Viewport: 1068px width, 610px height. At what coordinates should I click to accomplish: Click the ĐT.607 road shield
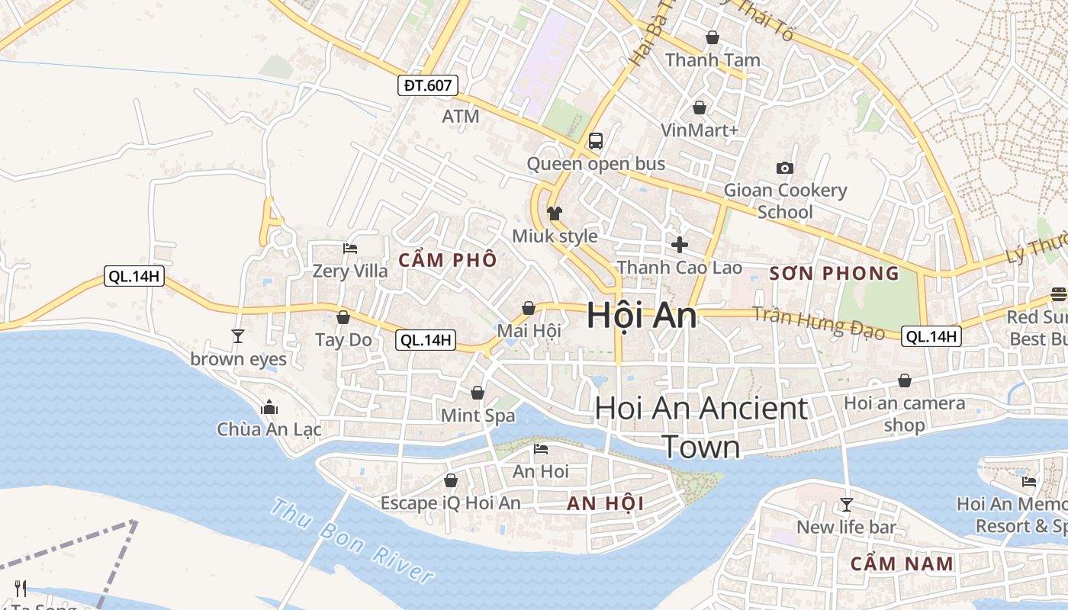427,85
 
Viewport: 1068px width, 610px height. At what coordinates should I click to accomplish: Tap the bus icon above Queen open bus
596,141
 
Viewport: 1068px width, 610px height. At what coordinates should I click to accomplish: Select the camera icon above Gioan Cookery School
784,168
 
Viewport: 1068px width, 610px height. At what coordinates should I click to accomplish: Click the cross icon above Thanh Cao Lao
679,245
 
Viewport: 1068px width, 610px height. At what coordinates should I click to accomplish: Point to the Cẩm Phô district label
448,260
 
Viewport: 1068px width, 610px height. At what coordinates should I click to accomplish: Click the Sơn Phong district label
835,274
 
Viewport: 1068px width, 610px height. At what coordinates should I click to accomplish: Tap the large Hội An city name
642,316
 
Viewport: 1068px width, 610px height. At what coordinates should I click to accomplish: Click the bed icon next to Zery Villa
350,248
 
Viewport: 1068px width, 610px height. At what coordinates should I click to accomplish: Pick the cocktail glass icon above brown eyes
238,335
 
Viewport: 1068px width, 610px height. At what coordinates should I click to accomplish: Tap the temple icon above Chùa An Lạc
269,408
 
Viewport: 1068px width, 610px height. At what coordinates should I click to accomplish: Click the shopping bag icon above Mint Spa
478,393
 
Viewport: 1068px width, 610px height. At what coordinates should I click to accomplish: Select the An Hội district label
605,503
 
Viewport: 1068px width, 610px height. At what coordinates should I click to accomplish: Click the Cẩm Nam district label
902,564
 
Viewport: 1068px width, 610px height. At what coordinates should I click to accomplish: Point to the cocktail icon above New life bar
846,504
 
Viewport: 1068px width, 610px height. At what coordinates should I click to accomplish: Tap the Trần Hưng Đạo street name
819,323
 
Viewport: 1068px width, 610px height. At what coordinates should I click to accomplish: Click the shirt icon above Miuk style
555,213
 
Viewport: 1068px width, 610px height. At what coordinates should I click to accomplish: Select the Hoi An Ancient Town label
701,427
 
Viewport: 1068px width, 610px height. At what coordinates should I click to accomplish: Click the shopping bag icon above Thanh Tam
713,37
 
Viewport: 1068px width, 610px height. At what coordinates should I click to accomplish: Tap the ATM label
461,117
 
